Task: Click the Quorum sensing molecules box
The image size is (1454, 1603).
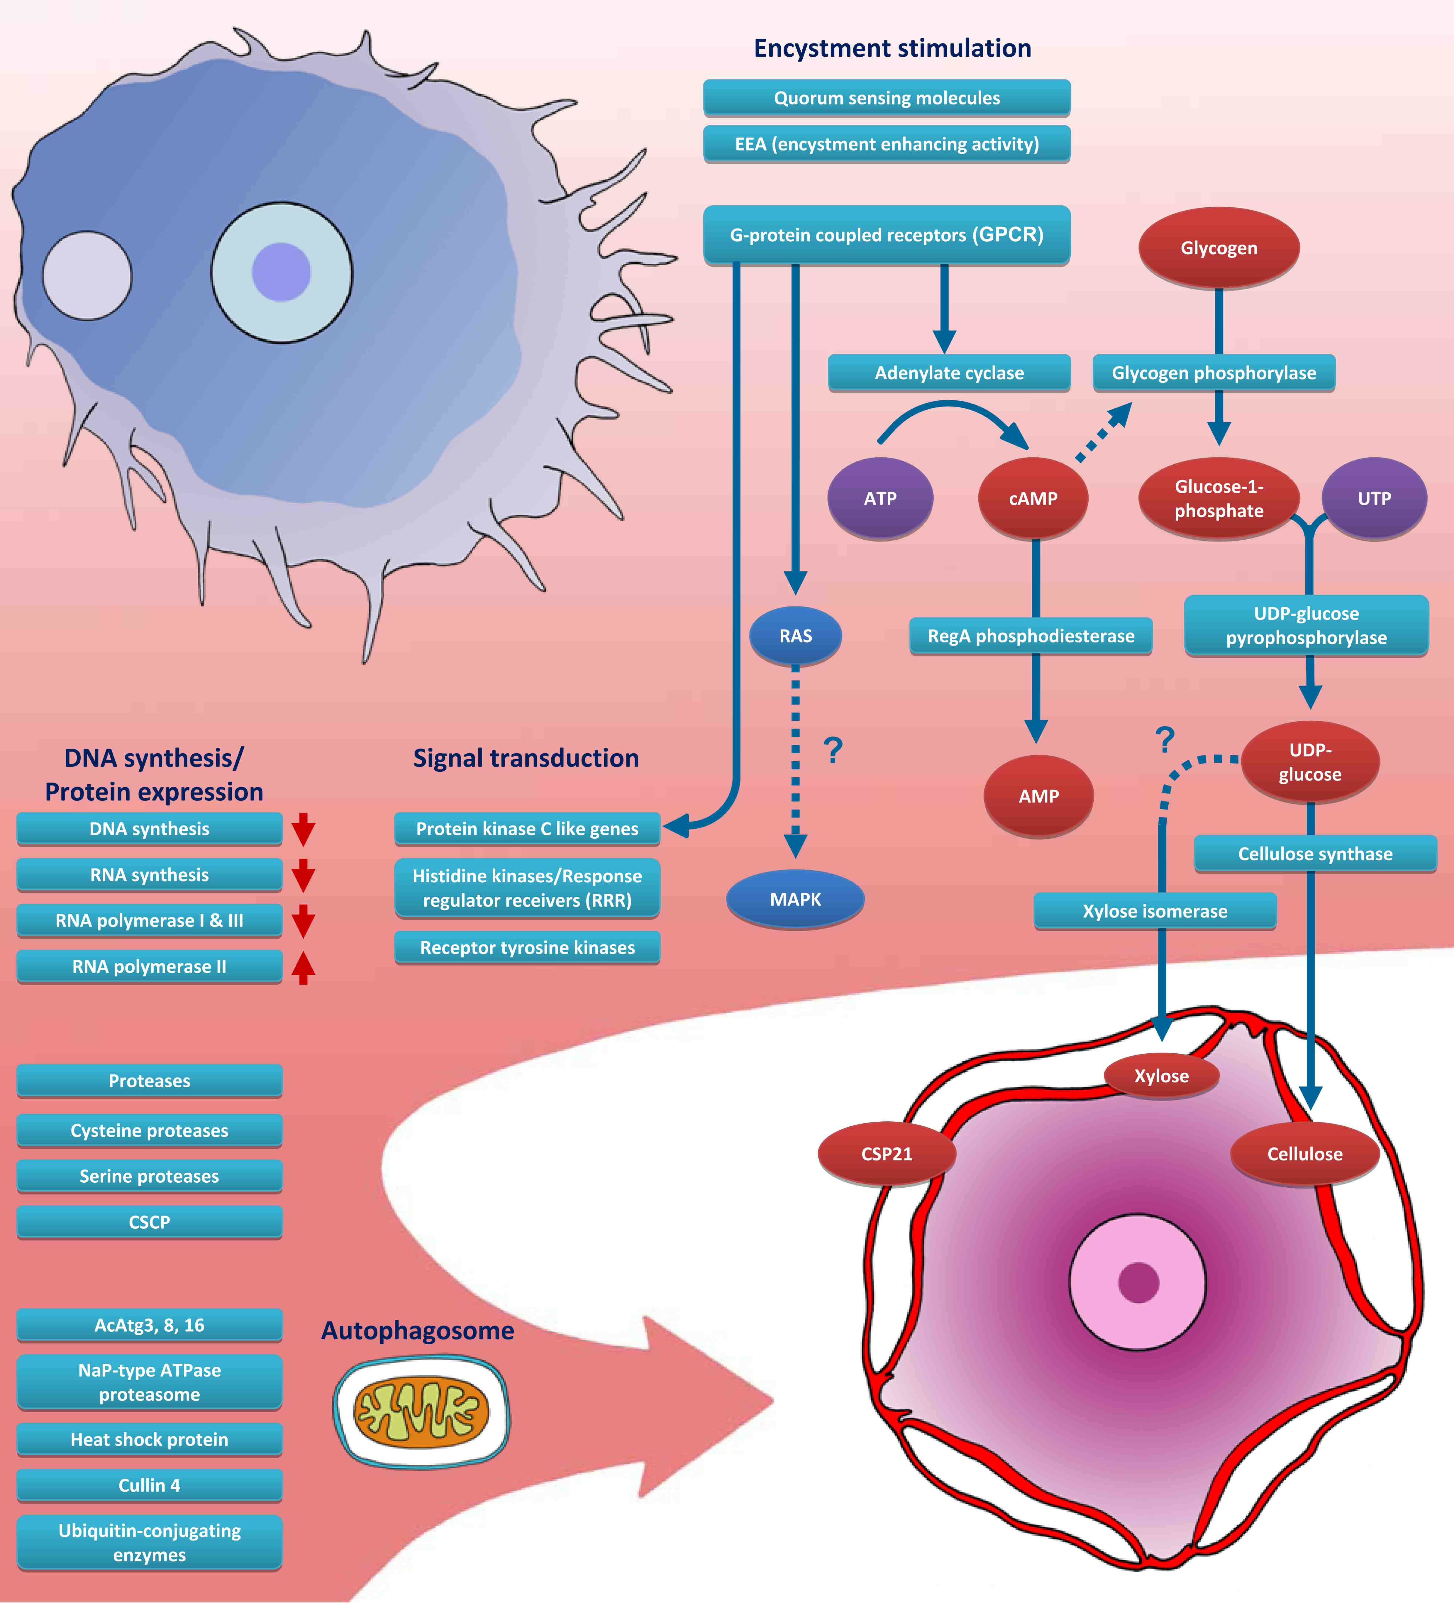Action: pos(887,98)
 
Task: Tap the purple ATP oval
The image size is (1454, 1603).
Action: pos(880,499)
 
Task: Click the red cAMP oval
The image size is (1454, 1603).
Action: pos(1033,499)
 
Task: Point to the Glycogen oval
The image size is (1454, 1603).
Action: pos(1219,248)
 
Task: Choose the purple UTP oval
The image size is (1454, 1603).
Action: pos(1374,499)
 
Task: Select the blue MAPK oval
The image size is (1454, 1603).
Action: pos(795,899)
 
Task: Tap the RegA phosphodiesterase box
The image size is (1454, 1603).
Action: pos(1030,636)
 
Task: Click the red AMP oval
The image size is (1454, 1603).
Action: pos(1038,796)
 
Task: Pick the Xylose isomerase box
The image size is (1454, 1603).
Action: pos(1154,911)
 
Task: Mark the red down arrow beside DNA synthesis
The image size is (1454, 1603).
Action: pos(303,829)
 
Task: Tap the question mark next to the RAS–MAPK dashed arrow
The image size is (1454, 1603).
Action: pos(832,750)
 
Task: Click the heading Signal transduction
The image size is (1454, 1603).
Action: pos(526,758)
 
